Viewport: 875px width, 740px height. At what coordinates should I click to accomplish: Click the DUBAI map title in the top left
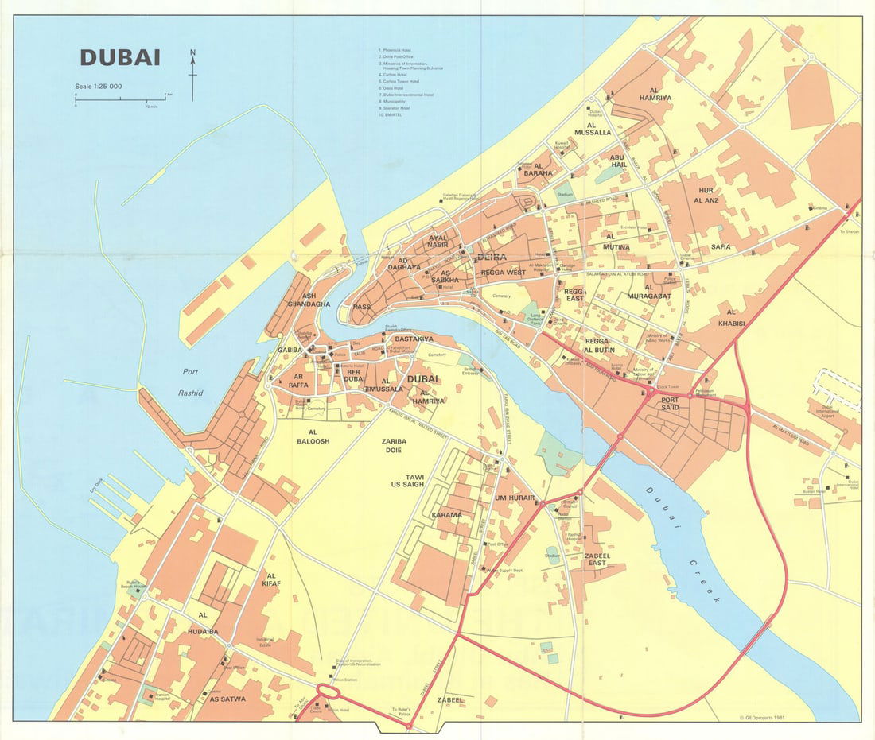coord(120,58)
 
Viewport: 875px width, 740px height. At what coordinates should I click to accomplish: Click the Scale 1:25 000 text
coord(98,86)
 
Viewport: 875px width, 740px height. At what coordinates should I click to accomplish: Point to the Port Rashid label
coord(192,382)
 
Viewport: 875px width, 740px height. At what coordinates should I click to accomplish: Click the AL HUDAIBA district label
coord(202,623)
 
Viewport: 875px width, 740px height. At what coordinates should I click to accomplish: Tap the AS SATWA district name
coord(227,699)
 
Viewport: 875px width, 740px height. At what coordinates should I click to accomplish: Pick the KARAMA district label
coord(446,515)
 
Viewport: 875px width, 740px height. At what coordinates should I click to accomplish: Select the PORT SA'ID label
coord(670,403)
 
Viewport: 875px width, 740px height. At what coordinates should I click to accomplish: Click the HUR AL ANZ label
coord(707,196)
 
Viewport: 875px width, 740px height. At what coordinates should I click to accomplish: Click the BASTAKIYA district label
coord(413,339)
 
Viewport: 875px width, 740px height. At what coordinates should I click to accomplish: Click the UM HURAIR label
coord(512,498)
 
